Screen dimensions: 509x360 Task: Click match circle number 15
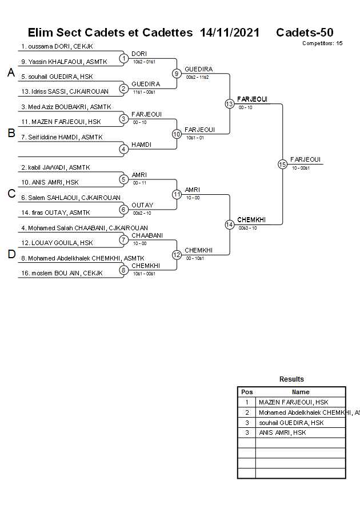[x=282, y=164]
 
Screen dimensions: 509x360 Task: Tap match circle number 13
[x=229, y=103]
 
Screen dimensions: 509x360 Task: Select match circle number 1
[x=123, y=58]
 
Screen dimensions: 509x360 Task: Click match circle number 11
[x=177, y=194]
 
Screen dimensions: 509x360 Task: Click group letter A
[x=11, y=73]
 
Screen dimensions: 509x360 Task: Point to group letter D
[x=11, y=254]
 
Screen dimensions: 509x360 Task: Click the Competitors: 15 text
[x=322, y=43]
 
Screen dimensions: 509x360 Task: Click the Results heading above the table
[x=291, y=379]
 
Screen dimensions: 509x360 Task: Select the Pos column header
[x=247, y=392]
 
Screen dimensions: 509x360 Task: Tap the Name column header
[x=301, y=392]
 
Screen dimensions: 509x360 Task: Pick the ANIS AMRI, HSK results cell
[x=282, y=432]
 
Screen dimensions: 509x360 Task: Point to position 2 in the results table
[x=247, y=412]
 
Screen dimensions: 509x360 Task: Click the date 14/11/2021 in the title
[x=230, y=33]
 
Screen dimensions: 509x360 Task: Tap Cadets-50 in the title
[x=305, y=33]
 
